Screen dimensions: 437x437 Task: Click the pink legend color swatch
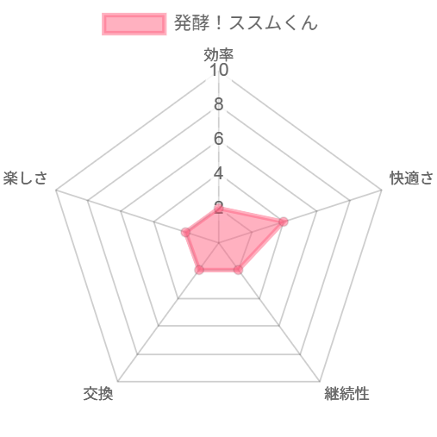point(134,24)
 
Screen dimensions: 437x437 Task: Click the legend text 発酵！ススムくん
point(246,22)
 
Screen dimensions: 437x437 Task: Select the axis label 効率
point(219,54)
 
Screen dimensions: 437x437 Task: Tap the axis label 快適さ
point(411,178)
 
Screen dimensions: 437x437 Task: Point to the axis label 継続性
point(346,393)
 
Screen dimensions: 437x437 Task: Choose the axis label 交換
point(98,393)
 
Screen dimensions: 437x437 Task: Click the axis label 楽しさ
point(25,178)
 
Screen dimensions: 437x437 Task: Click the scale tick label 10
point(219,70)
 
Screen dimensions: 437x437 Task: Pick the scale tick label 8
point(219,104)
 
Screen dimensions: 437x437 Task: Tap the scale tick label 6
point(219,139)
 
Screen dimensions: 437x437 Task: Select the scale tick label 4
point(219,173)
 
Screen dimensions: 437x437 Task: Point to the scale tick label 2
point(219,208)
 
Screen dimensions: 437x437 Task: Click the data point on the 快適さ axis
point(284,222)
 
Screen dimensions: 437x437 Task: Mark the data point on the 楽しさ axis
point(186,232)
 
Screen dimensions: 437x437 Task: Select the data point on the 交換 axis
point(199,270)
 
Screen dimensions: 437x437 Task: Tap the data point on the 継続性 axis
point(239,270)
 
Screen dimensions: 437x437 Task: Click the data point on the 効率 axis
point(219,209)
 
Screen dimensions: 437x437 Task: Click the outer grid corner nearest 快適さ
point(382,190)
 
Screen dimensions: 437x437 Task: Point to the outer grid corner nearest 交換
point(118,382)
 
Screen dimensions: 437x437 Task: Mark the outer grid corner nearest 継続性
point(320,382)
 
